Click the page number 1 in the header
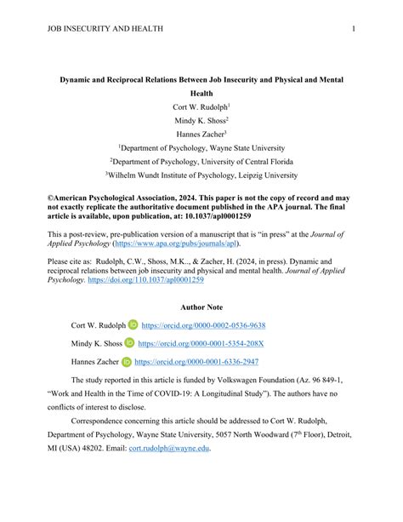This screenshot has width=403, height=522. pos(353,28)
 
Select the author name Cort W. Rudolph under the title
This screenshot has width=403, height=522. pos(201,107)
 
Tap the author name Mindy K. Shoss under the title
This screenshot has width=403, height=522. pos(201,121)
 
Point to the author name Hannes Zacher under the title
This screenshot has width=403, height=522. pos(201,135)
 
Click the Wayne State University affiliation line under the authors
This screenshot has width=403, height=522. pos(201,148)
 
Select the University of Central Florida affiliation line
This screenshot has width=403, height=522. pos(201,162)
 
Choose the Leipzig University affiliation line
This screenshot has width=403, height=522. pos(201,175)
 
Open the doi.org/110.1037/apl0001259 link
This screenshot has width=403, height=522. pos(155,279)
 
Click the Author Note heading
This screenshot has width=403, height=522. pos(201,307)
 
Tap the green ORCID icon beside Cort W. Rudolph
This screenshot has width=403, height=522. pos(133,325)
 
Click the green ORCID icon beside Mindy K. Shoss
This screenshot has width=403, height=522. pos(129,343)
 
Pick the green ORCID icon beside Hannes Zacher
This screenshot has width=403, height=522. pos(128,361)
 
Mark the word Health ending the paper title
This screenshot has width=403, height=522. pos(201,93)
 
